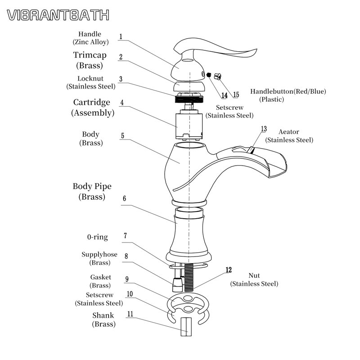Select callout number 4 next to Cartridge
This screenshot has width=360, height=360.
pos(121,102)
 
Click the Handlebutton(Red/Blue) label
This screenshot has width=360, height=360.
pos(288,91)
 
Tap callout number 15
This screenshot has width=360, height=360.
pos(236,95)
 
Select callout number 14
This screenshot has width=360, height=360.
pos(224,95)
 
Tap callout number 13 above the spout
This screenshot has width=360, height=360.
pos(264,129)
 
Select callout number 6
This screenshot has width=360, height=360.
pos(124,198)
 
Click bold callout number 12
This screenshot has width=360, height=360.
pos(229,270)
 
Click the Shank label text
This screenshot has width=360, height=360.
pos(103,315)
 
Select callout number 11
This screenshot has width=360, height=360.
pos(130,314)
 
